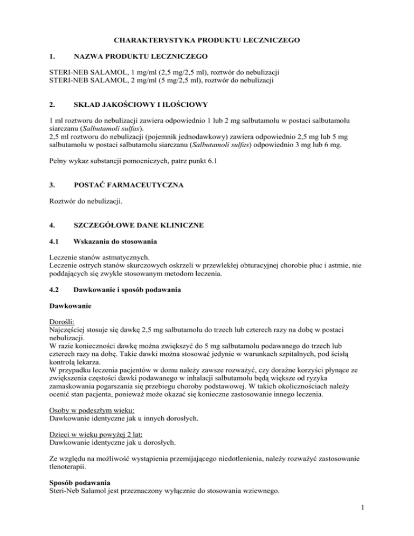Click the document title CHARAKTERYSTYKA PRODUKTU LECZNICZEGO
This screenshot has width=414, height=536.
tap(206, 40)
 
